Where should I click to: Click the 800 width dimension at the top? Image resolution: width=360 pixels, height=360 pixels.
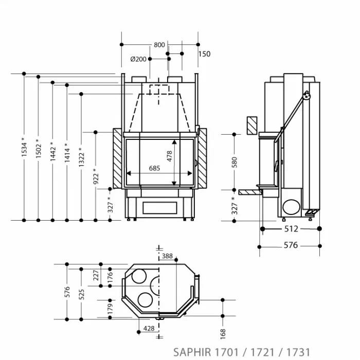159,45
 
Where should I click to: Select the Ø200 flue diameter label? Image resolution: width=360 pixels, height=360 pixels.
138,59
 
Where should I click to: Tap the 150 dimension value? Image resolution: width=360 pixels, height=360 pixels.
204,54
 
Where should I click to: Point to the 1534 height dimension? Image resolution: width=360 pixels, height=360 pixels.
24,147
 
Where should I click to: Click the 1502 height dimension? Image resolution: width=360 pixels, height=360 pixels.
39,149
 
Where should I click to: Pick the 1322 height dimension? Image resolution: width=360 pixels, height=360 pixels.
81,157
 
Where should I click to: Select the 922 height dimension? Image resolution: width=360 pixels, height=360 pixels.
96,176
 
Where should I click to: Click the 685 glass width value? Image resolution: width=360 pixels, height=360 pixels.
154,168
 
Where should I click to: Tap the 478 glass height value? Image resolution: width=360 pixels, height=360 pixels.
169,156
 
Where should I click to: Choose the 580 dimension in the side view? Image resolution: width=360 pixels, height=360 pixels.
235,163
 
